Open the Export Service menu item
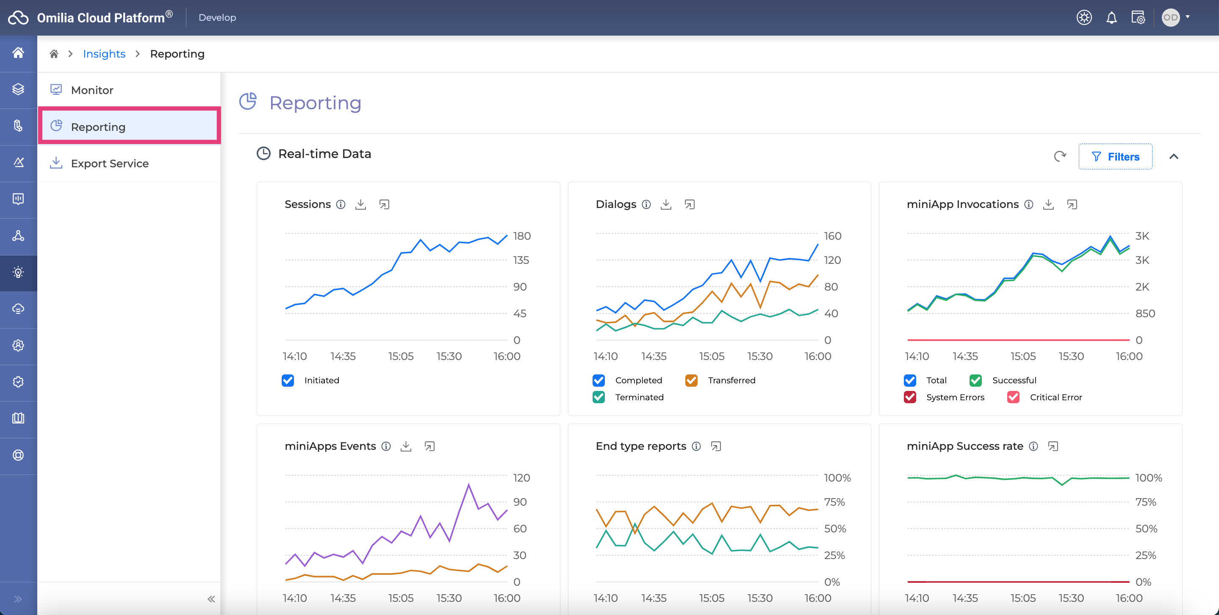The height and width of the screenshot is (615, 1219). coord(110,163)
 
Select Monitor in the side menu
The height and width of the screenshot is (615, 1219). coord(92,90)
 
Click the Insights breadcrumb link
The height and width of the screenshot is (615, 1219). coord(104,54)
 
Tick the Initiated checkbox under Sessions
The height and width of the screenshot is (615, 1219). coord(288,380)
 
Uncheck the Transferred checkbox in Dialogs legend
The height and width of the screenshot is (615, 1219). coord(691,380)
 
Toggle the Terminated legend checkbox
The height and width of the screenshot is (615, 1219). coord(598,397)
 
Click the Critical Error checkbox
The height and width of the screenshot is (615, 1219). coord(1013,397)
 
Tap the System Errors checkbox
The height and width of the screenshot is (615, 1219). coord(909,397)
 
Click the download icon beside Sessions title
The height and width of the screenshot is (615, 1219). coord(360,205)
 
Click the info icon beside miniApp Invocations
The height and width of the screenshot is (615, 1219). coord(1029,205)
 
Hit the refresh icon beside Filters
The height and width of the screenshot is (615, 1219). coord(1060,156)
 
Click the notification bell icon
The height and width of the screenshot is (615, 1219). coord(1111,18)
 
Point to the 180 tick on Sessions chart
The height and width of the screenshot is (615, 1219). coord(521,235)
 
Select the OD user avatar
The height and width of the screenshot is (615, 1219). coord(1170,17)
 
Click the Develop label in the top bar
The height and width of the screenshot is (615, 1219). coord(217,17)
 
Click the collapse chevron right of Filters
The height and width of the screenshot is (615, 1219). coord(1174,157)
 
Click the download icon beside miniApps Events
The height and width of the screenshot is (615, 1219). coord(406,446)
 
